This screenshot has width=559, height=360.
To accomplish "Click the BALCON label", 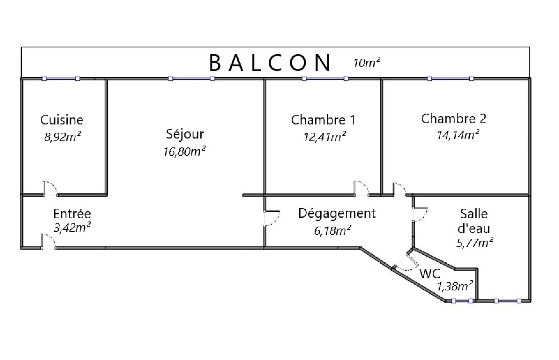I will (x=270, y=63).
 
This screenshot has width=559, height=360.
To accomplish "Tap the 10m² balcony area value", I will (x=367, y=63).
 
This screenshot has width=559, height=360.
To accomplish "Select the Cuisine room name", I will (x=62, y=120).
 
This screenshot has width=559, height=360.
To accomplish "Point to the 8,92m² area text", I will (x=63, y=137).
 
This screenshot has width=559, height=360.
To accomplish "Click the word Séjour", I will (x=185, y=134).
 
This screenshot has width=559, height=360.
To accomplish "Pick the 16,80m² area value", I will (x=184, y=151).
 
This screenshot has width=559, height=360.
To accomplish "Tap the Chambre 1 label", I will (x=323, y=120).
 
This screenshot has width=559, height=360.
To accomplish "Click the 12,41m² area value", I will (x=324, y=137).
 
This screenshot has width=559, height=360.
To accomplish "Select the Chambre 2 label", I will (x=453, y=119).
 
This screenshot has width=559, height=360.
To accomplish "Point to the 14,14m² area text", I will (x=458, y=135).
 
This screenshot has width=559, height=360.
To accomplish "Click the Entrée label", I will (x=72, y=213).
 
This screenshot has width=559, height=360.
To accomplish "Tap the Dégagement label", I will (x=337, y=213).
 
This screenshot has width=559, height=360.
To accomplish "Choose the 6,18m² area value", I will (x=332, y=230).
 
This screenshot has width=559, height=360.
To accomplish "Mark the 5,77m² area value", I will (x=475, y=243).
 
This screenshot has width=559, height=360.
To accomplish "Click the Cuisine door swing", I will (x=50, y=188).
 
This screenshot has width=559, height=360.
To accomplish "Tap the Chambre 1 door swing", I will (x=361, y=188).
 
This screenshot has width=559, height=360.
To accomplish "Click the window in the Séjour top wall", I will (x=191, y=79).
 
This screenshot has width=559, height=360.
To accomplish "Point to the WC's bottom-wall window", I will (x=462, y=301).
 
